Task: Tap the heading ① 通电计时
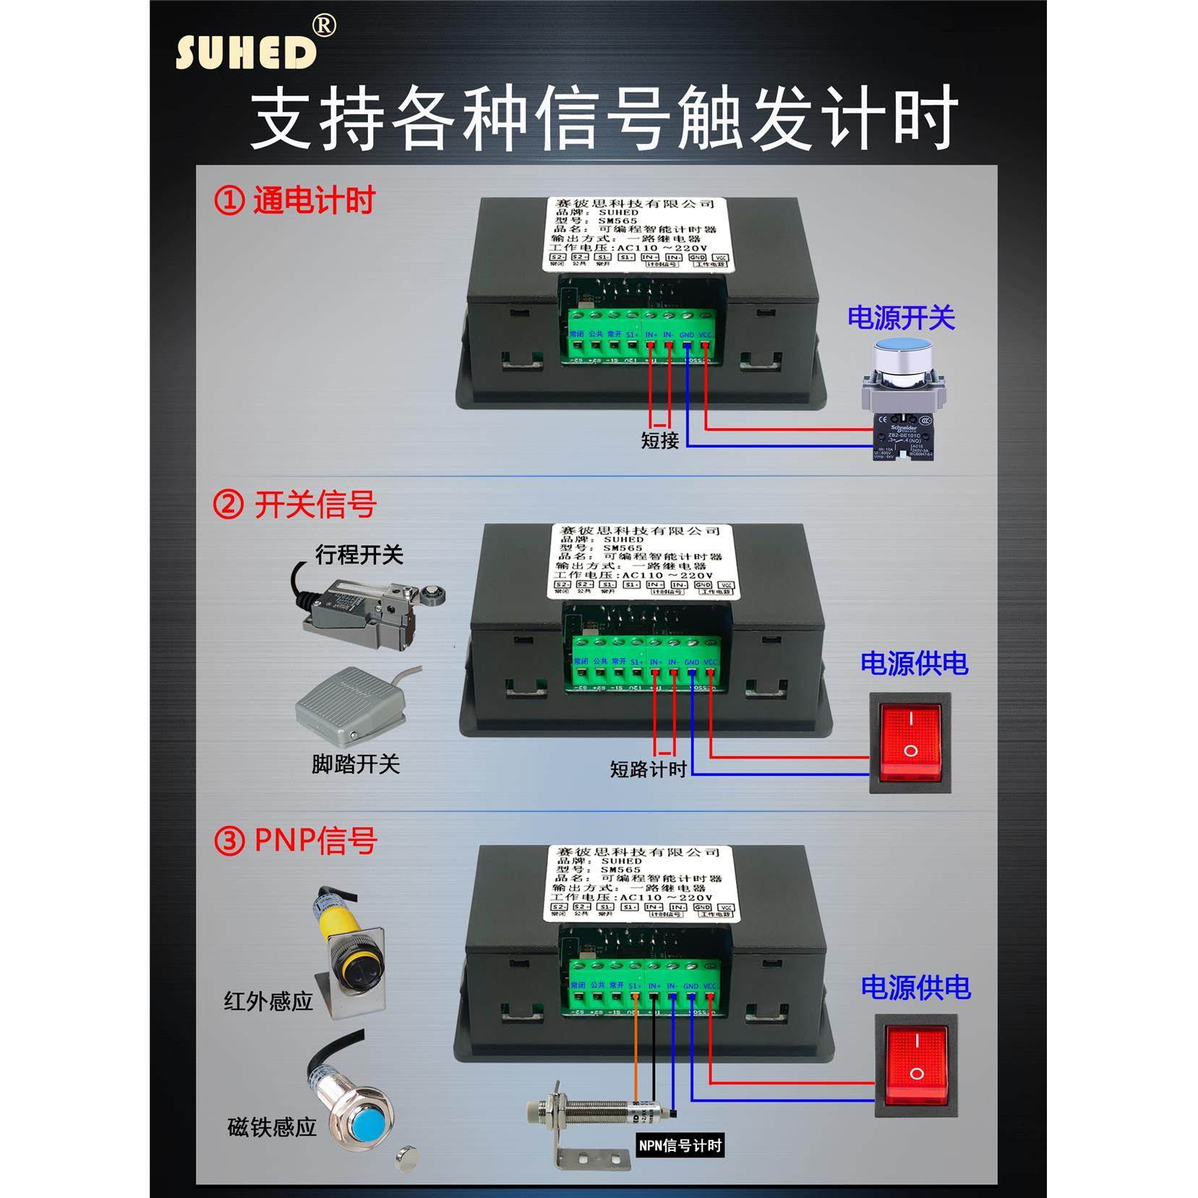(295, 200)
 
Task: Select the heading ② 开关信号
(295, 504)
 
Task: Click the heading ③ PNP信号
(296, 841)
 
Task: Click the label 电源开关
(901, 317)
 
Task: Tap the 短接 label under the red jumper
(659, 440)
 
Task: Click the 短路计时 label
(648, 769)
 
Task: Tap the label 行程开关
(359, 555)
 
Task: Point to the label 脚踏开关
(356, 764)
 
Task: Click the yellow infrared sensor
(347, 947)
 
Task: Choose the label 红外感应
(268, 1001)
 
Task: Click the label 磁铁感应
(272, 1126)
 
